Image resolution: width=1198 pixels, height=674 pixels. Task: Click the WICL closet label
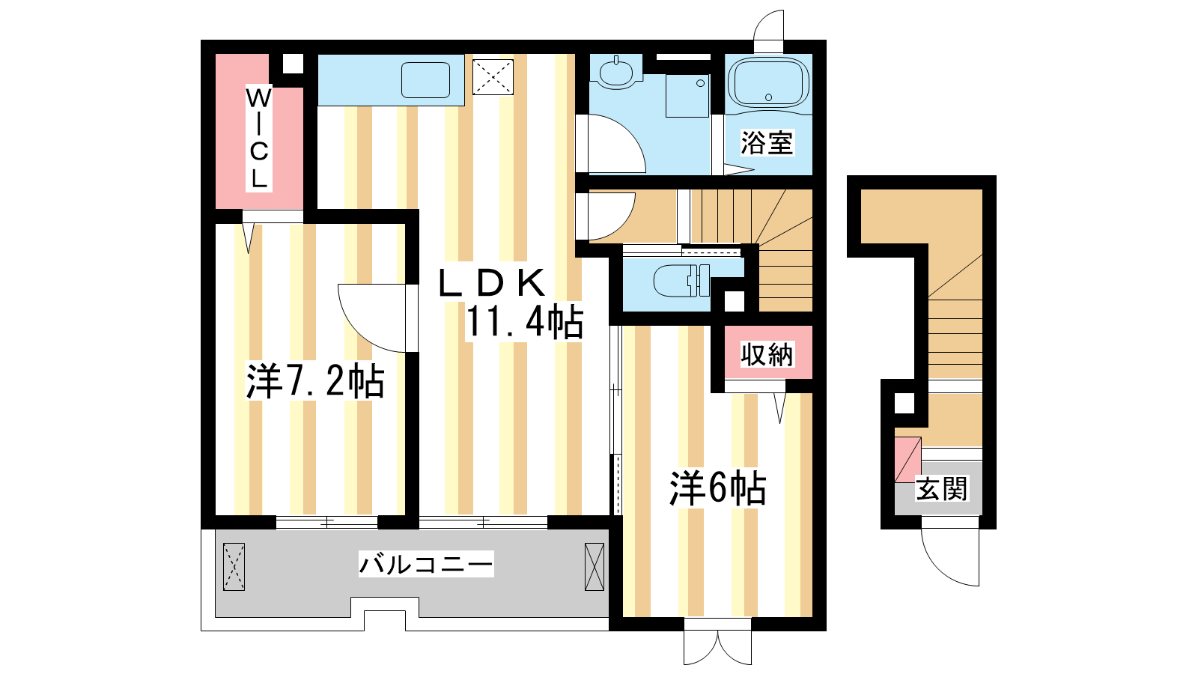[x=259, y=138]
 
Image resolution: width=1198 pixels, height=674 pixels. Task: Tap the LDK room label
[x=491, y=283]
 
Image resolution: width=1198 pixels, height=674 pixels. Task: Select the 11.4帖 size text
[x=524, y=322]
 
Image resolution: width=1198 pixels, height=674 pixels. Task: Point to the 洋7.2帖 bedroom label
[x=315, y=381]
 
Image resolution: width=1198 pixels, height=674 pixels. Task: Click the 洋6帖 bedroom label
[x=718, y=488]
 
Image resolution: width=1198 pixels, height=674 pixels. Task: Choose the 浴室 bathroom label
[x=767, y=142]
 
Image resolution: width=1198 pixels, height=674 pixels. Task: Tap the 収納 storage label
[x=767, y=354]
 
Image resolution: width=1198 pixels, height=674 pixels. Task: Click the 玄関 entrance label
[x=942, y=489]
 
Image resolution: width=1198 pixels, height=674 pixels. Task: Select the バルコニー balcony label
[x=426, y=565]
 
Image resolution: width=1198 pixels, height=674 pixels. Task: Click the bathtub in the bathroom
[x=768, y=83]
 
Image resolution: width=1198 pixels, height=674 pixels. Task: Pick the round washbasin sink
[x=616, y=73]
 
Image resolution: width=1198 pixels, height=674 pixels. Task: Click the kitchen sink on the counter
[x=426, y=80]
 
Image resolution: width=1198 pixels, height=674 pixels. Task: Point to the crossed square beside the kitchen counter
[x=493, y=77]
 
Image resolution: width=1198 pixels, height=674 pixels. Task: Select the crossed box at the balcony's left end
[x=234, y=567]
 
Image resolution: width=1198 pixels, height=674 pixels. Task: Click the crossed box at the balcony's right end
[x=595, y=567]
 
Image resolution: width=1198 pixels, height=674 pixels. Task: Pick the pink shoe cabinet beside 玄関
[x=907, y=460]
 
